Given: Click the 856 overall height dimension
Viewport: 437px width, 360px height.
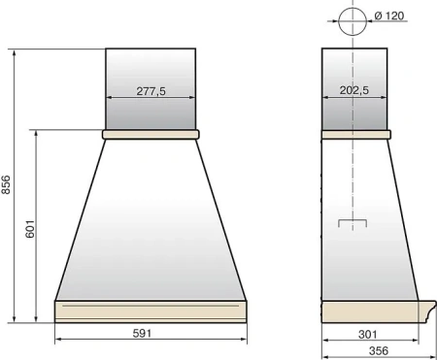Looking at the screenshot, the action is pos(6,184).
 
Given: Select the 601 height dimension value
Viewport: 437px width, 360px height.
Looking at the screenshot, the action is pos(30,229).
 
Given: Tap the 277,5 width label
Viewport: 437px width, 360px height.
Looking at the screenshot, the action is pos(151,91).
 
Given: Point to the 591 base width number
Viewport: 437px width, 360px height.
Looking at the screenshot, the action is pos(142,333).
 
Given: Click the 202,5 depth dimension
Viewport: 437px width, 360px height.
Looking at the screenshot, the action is pos(354,90).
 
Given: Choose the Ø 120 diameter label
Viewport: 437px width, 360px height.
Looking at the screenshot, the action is pos(389,16).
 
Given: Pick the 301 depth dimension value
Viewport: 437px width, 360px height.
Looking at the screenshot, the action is pos(368,334).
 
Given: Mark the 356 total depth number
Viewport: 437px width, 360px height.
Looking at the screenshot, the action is pos(379,350).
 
